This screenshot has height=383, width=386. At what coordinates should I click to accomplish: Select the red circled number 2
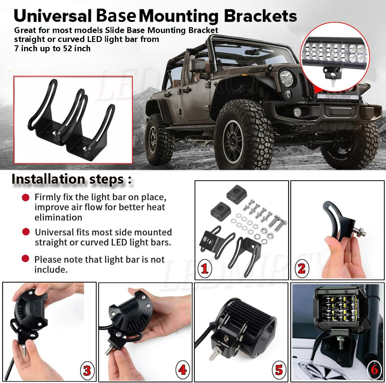coord(301,269)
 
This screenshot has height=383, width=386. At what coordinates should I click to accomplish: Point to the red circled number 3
coord(87,370)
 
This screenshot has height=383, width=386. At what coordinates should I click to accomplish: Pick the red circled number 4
coord(183,369)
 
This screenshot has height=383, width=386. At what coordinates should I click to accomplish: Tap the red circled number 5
coord(279,369)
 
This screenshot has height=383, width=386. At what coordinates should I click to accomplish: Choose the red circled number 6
coord(374,369)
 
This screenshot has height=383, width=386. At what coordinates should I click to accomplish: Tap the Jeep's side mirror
coord(196,65)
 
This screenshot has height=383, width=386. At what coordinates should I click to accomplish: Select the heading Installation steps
coord(71,179)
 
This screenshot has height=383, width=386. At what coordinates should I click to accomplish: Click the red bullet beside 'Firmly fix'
coord(26,197)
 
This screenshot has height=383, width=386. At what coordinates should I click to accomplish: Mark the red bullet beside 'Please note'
coord(26,259)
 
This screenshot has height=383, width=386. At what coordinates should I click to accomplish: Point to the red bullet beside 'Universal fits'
coord(26,231)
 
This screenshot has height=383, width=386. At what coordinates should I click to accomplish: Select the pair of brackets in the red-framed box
coord(73,120)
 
